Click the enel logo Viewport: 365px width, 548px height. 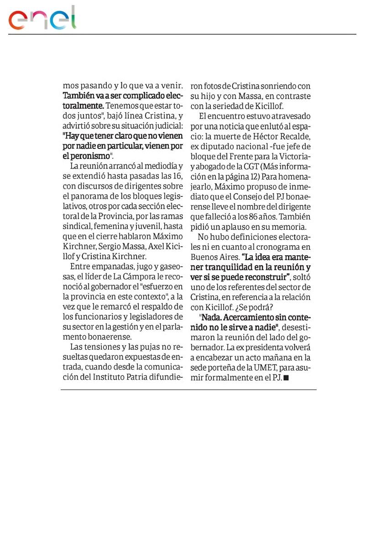(x=42, y=19)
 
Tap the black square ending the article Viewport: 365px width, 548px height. (x=286, y=378)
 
